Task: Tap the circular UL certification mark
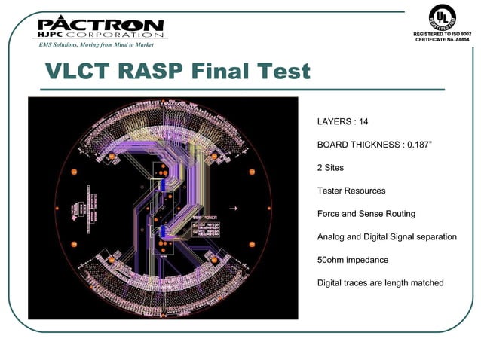(x=443, y=17)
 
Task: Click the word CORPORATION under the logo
(x=114, y=35)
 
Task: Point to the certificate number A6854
(x=459, y=40)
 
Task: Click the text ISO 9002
(x=458, y=35)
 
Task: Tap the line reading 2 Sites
(x=330, y=167)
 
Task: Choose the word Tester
(x=332, y=191)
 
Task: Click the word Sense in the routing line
(x=364, y=214)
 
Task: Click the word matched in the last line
(x=426, y=283)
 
